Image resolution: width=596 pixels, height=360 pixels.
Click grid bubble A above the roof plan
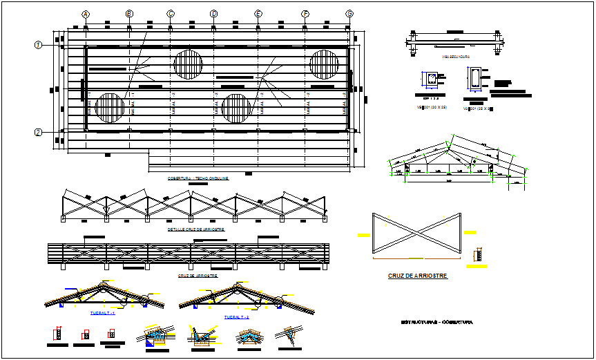click(86, 14)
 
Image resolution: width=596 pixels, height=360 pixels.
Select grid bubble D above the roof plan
click(213, 14)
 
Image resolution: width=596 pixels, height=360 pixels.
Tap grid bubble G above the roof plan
click(349, 14)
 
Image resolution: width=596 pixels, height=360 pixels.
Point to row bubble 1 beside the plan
click(39, 46)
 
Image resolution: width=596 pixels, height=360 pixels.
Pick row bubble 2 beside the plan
click(39, 133)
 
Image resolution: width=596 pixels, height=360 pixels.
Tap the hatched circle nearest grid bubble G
click(323, 64)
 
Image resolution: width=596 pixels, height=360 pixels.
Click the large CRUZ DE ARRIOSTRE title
click(417, 276)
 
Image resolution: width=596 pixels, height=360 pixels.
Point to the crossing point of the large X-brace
click(416, 233)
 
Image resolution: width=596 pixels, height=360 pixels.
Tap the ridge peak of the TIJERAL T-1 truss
click(104, 285)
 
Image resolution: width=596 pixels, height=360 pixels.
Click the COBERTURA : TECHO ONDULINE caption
click(198, 178)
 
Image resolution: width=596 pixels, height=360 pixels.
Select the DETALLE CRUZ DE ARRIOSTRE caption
click(196, 229)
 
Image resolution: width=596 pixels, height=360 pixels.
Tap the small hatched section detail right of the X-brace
click(474, 256)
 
